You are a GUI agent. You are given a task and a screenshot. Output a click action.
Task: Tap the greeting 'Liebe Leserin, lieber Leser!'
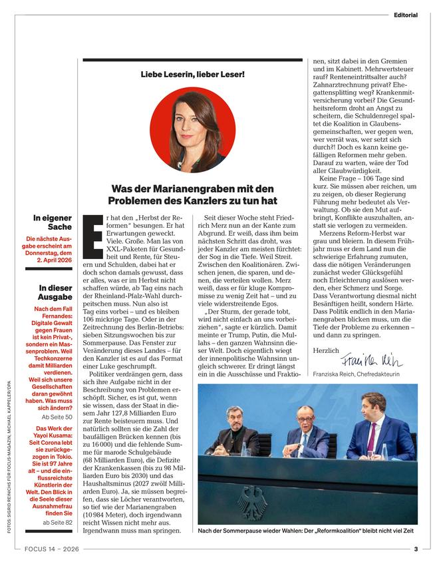click(192, 73)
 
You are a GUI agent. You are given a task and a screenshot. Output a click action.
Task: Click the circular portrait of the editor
click(192, 130)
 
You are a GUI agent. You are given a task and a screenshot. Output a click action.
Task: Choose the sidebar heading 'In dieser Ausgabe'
click(55, 292)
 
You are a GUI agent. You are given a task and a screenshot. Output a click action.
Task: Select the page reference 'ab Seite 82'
click(58, 523)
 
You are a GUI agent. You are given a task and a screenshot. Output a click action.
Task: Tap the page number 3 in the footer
click(415, 549)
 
